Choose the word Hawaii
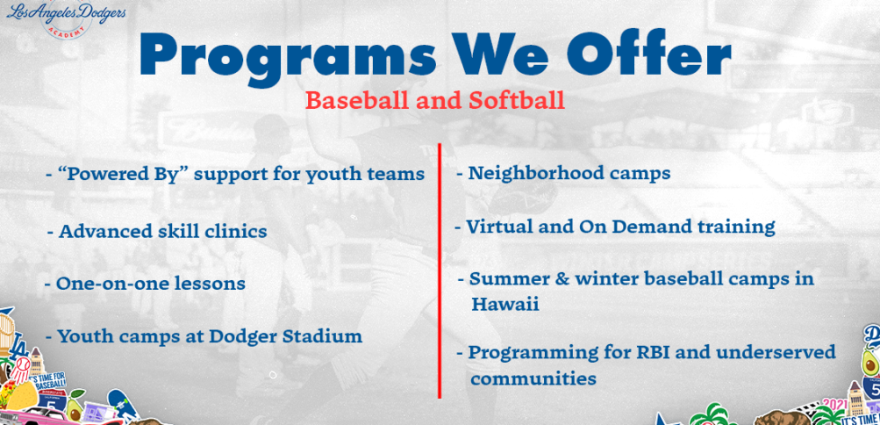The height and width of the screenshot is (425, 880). [x=505, y=305]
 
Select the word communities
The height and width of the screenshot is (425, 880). [x=533, y=378]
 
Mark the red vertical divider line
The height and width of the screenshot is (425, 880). [x=440, y=270]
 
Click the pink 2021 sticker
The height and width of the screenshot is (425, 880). [x=836, y=404]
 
